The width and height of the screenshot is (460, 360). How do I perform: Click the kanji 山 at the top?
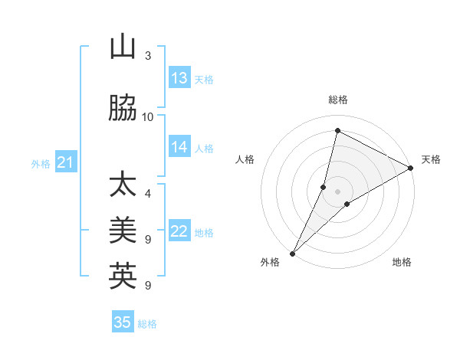point(123,47)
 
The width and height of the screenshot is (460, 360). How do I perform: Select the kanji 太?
point(123,185)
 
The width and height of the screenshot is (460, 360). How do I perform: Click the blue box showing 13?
point(179,78)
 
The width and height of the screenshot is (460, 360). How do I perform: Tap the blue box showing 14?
point(179,147)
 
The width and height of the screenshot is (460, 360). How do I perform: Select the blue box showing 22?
point(179,231)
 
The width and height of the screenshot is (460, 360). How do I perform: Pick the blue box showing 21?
point(65,162)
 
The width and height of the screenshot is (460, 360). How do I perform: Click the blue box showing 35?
point(123,322)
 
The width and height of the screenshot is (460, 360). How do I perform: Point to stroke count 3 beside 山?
point(148,56)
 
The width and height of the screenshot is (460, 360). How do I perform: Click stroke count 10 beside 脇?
point(148,117)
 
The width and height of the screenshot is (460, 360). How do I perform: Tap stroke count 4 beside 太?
point(148,194)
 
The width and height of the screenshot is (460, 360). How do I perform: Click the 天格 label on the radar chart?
point(431,159)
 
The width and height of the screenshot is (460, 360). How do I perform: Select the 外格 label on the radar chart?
point(270,262)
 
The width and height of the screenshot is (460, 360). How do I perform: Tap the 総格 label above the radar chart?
point(338,100)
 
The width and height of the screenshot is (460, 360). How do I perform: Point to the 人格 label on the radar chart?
point(245,159)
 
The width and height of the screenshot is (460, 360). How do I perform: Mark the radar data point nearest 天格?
point(411,168)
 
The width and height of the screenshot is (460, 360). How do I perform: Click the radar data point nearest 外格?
point(292,253)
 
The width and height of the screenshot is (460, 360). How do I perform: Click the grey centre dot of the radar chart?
point(338,191)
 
